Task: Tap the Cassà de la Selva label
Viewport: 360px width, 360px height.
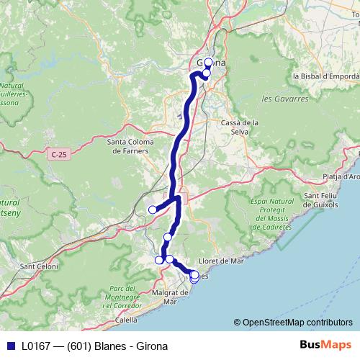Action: [x=240, y=127]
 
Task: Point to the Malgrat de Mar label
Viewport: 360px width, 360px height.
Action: [x=166, y=297]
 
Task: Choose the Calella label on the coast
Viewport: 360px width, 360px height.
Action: [x=127, y=320]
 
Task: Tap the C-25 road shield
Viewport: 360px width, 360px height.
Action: [x=59, y=154]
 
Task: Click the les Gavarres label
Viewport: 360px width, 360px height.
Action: [x=280, y=98]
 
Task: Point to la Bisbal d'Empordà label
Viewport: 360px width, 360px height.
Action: [x=325, y=75]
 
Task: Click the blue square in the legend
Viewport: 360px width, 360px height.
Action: [x=10, y=345]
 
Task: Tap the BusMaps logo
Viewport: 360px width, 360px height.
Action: [x=326, y=344]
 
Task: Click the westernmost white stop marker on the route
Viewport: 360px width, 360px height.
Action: [x=153, y=210]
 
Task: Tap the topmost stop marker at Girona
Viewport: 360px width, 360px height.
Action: [x=208, y=63]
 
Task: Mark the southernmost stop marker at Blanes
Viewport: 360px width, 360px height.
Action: [x=194, y=279]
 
